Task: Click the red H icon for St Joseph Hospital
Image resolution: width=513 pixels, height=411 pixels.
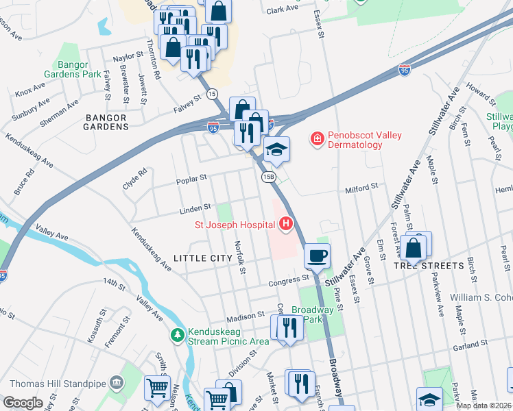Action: point(286,224)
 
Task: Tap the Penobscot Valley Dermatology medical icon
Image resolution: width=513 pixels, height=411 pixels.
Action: point(317,140)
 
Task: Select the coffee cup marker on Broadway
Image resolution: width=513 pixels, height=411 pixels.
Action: point(316,256)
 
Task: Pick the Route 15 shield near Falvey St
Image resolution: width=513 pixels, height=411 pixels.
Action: point(212,93)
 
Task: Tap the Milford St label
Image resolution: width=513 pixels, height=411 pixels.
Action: point(361,186)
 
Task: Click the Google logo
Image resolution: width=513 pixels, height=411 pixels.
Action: point(23,402)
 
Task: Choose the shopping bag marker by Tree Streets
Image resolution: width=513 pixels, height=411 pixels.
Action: point(414,249)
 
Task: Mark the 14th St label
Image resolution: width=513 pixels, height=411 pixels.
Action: point(112,282)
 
